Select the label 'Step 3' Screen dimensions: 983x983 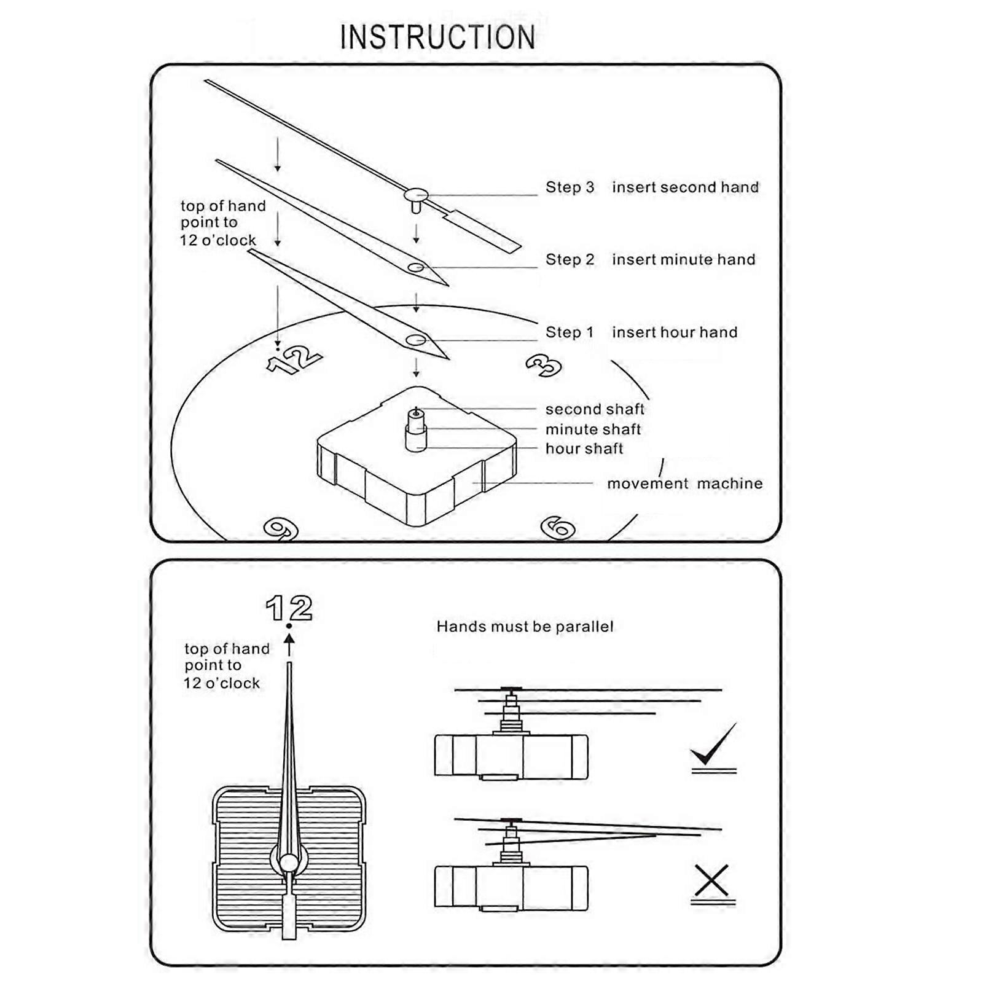[570, 187]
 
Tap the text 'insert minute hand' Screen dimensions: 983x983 [683, 260]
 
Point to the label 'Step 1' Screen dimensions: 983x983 [570, 332]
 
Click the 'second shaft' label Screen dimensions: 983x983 [595, 409]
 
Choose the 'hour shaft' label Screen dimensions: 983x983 [584, 448]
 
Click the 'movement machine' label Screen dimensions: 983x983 [684, 484]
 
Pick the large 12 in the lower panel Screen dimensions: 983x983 [289, 608]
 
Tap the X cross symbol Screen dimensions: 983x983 [711, 880]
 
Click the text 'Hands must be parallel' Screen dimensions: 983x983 [525, 627]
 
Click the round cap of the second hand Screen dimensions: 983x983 [416, 195]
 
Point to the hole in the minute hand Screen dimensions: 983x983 [416, 267]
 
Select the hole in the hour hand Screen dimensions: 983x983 [416, 340]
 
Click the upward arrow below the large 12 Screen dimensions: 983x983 [289, 645]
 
